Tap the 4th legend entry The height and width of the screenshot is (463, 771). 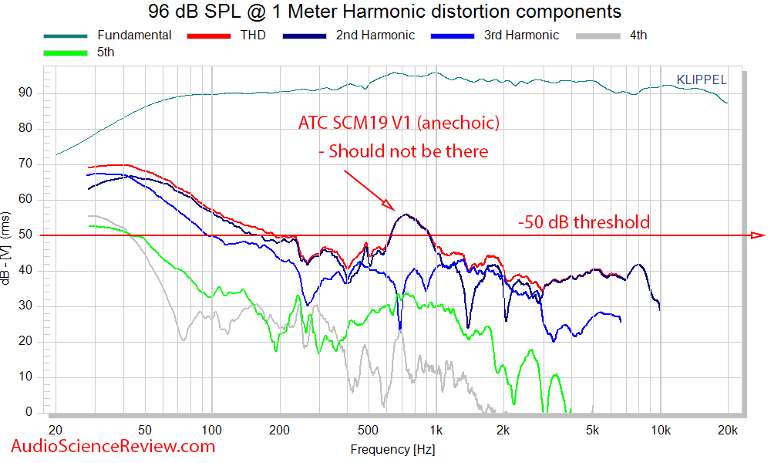[x=638, y=35]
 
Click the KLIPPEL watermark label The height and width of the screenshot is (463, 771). [x=701, y=79]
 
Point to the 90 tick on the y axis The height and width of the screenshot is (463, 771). [x=30, y=93]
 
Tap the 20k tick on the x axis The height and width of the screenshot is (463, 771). [x=727, y=429]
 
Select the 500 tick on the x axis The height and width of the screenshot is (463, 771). [x=368, y=429]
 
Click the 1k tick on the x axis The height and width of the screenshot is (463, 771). [x=436, y=429]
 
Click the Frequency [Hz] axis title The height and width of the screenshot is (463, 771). [x=386, y=449]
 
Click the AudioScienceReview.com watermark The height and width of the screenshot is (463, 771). [x=113, y=445]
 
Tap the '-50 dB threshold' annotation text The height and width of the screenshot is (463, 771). [x=584, y=222]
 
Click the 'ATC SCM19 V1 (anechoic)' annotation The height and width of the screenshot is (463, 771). [x=399, y=123]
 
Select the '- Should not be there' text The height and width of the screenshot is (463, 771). [x=403, y=151]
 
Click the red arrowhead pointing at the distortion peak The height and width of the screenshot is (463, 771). [x=391, y=206]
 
